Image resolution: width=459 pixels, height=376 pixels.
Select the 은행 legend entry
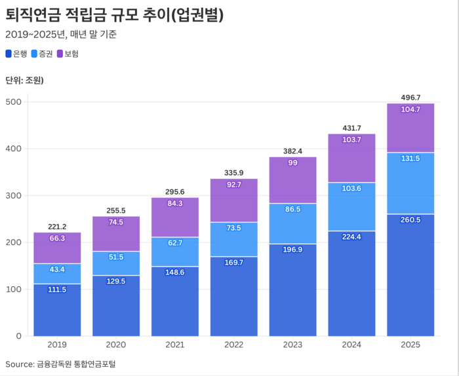click(20, 54)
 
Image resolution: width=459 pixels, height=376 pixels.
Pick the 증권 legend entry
click(45, 54)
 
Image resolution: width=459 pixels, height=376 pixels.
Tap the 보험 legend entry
click(71, 54)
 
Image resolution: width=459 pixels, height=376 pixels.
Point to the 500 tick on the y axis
click(14, 102)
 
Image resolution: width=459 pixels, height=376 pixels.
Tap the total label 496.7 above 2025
click(410, 97)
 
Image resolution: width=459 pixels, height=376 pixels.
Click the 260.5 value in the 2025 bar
click(410, 219)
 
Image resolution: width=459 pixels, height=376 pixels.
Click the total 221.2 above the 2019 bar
click(57, 227)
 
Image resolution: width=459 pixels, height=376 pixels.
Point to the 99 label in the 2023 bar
click(292, 162)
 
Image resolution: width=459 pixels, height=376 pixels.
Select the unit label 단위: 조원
click(24, 81)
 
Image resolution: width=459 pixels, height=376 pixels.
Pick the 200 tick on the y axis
click(14, 242)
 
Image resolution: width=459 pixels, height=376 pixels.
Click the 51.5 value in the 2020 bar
click(116, 257)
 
